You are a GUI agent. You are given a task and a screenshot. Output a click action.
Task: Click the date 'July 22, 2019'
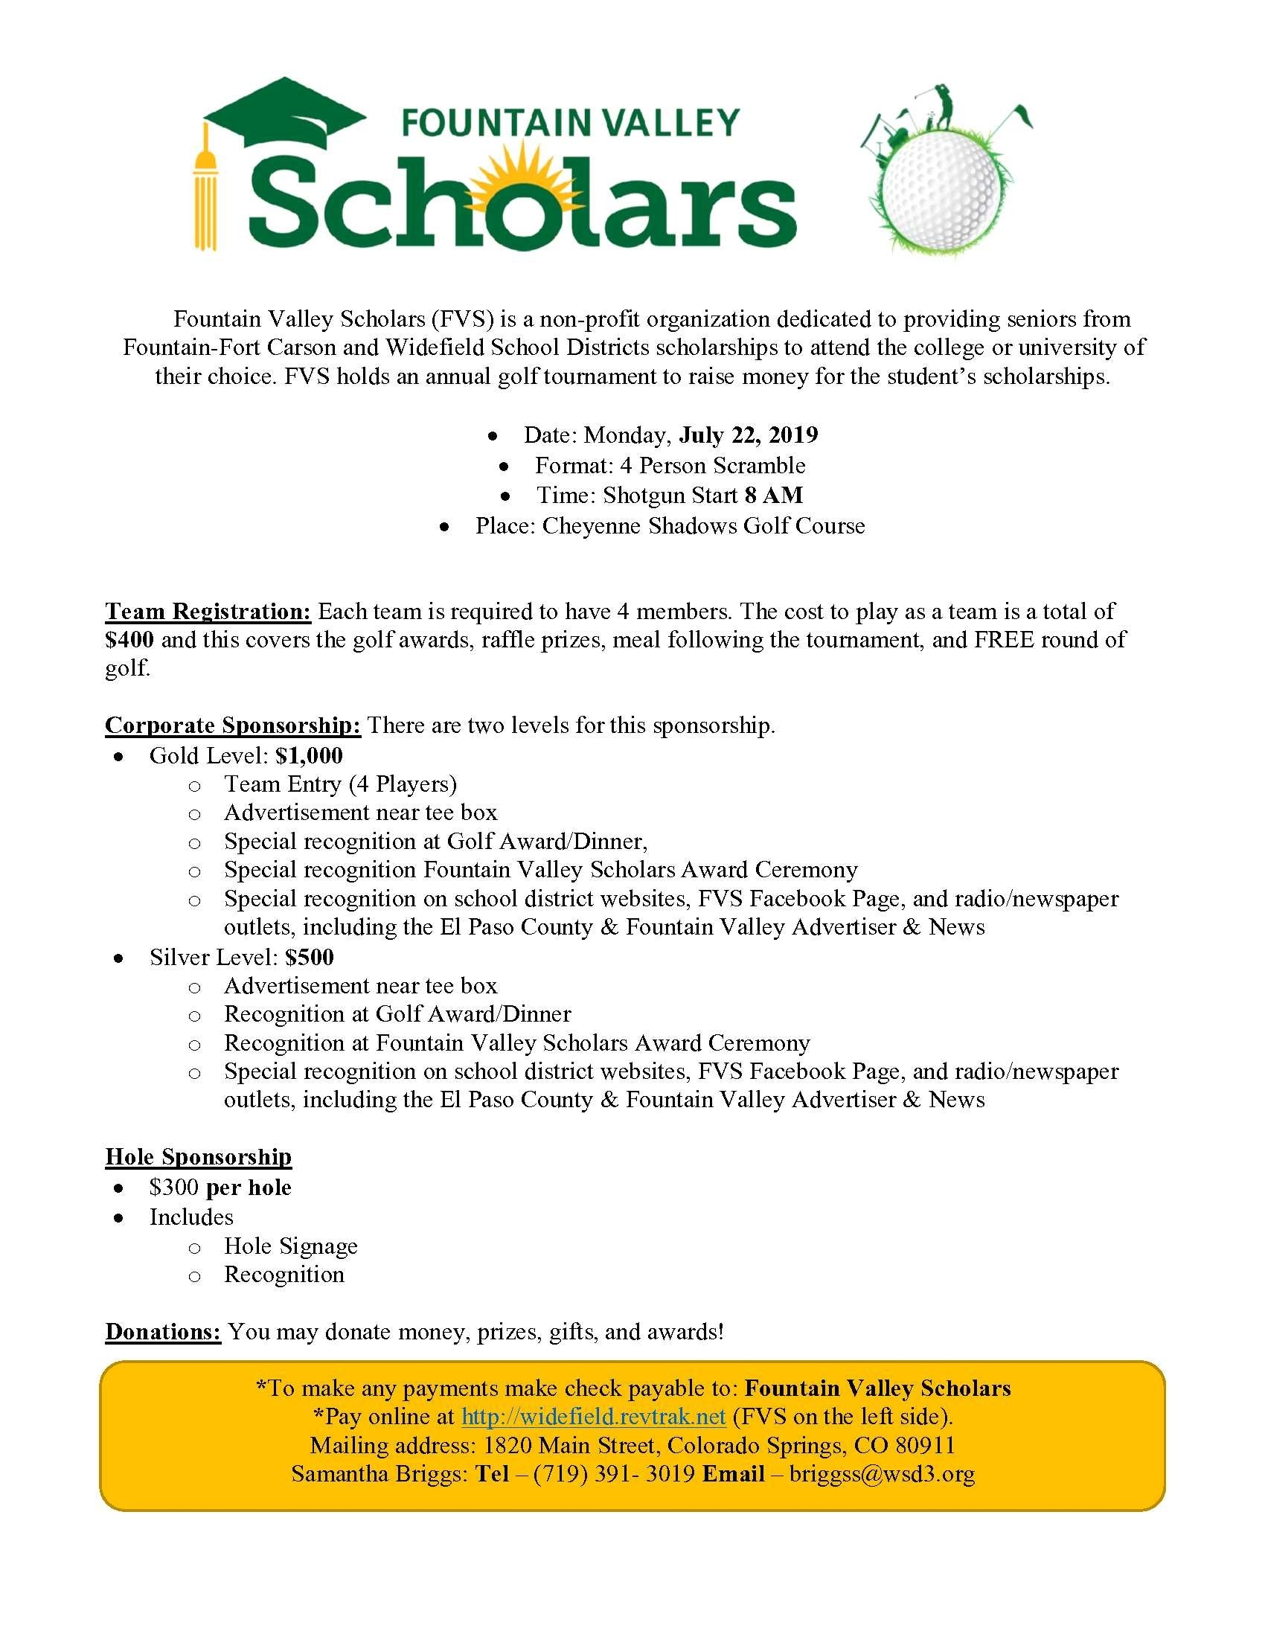coord(748,435)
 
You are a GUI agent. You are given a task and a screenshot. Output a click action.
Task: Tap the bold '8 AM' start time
coord(773,496)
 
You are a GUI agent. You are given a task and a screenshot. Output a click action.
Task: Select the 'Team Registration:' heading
coord(208,612)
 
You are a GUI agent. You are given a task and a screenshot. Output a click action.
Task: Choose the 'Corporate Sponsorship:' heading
coord(233,725)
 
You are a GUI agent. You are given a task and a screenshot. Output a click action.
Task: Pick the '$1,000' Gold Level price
coord(309,755)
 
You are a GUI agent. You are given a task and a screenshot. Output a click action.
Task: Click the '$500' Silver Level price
coord(309,958)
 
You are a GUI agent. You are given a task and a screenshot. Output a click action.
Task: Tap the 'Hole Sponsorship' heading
coord(198,1157)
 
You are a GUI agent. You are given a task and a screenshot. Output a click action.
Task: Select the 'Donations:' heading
coord(163,1332)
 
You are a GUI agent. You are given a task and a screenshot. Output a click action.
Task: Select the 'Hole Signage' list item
coord(291,1246)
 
